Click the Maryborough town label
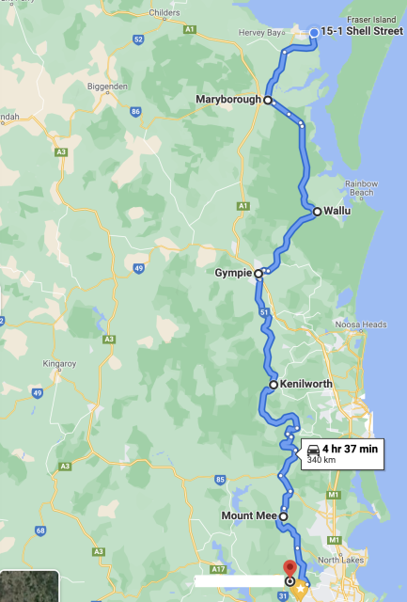[x=228, y=100]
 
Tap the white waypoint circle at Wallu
[x=317, y=212]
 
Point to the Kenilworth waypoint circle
[x=273, y=385]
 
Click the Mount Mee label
[x=248, y=516]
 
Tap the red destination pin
[x=290, y=568]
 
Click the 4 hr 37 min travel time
[x=350, y=450]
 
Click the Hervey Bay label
[x=262, y=33]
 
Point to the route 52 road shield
[x=138, y=40]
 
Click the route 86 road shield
[x=135, y=111]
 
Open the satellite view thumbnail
[x=29, y=586]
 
